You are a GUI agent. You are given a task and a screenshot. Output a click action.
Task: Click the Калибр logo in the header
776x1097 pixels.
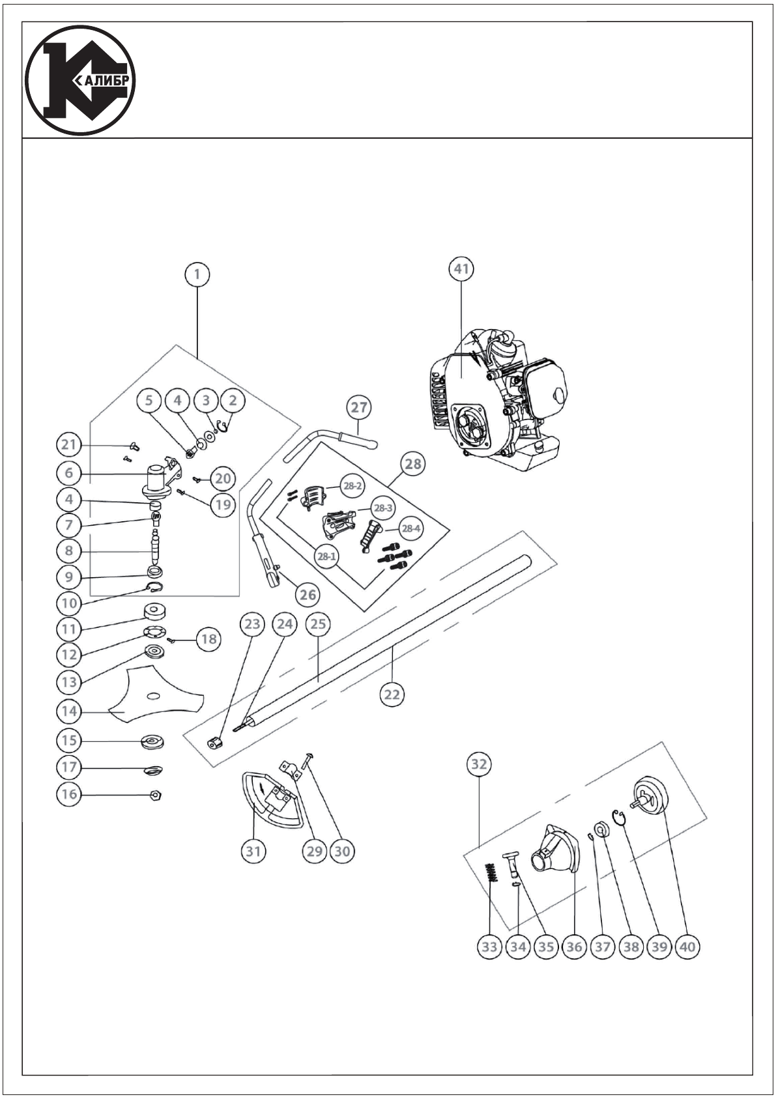(81, 81)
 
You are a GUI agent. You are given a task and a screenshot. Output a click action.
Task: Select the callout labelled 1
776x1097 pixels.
(196, 274)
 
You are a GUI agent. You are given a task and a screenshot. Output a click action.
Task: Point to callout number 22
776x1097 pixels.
(392, 694)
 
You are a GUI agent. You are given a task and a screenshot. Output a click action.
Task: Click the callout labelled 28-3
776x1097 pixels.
(383, 507)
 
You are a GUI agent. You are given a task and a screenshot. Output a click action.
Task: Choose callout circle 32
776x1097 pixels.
(479, 764)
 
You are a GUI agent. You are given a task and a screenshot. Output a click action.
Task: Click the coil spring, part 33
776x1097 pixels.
(493, 873)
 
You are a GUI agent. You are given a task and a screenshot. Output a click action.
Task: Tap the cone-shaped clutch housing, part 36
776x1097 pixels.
(554, 848)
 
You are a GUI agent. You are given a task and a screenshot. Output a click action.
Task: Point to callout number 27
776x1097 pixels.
(359, 408)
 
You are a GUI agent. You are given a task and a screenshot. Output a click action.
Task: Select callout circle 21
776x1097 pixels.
(69, 446)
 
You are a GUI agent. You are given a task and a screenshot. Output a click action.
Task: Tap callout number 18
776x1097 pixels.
(208, 639)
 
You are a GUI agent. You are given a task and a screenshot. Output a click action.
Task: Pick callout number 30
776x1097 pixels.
(341, 851)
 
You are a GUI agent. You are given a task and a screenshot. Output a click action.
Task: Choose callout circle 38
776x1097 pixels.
(631, 946)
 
